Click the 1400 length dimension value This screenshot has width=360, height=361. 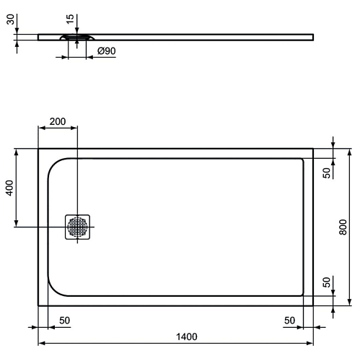187,336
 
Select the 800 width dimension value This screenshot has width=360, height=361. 343,227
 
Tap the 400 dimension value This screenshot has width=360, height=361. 9,188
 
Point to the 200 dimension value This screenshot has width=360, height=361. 58,121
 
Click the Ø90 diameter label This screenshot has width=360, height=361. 106,51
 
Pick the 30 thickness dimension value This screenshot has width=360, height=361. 10,19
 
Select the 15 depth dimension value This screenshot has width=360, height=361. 70,19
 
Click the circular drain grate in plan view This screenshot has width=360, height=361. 77,227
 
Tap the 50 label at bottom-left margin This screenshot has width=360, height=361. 65,321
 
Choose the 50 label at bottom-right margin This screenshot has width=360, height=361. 289,321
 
